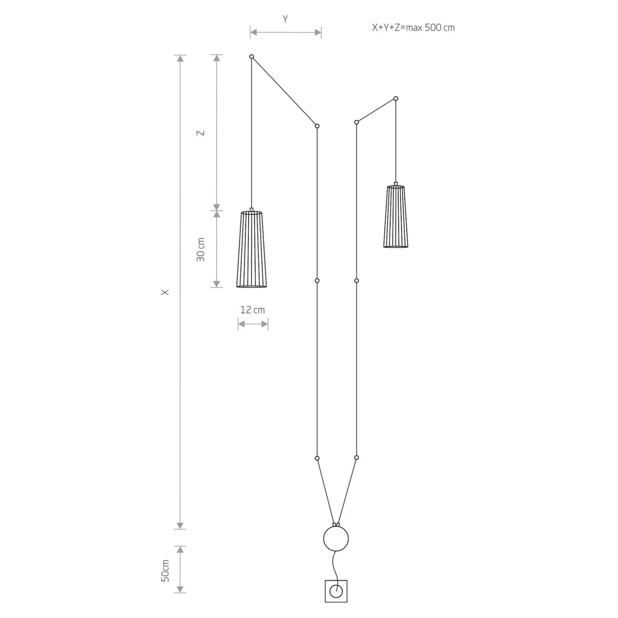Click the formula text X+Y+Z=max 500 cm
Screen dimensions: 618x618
[413, 28]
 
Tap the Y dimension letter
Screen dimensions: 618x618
[285, 19]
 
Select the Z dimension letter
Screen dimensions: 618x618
[201, 133]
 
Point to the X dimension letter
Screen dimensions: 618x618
[165, 293]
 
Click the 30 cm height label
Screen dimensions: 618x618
[201, 250]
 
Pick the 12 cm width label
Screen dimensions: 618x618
[252, 310]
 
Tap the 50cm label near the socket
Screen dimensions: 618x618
[165, 570]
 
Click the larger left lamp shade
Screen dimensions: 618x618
[252, 249]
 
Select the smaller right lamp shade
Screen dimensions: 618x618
[396, 216]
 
